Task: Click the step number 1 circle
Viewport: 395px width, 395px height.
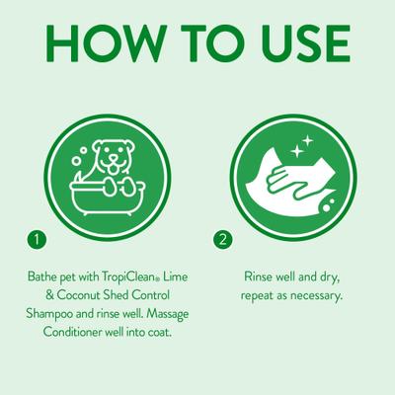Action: (37, 240)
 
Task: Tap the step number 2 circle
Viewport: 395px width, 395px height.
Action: (223, 240)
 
